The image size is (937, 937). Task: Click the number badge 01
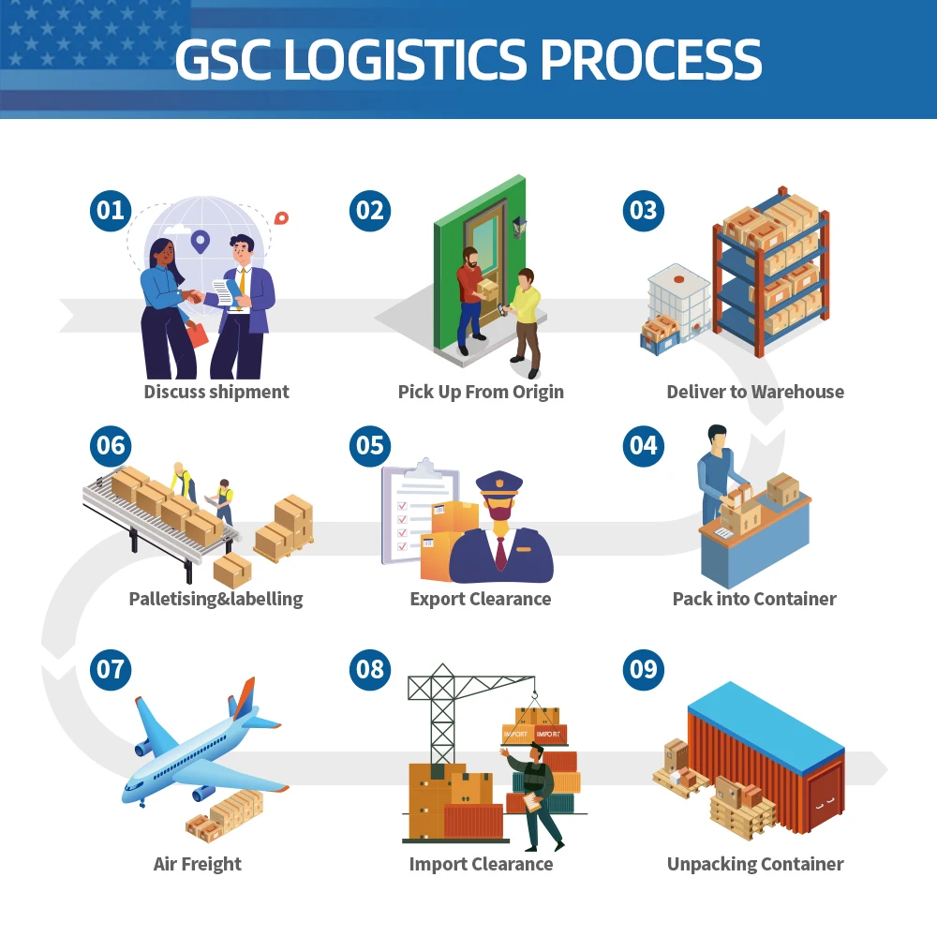pos(111,210)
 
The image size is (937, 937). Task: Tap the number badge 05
pos(370,445)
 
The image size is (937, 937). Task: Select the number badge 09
pos(644,669)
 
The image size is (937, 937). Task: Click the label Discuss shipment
pos(216,392)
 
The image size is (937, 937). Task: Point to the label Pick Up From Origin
pos(481,392)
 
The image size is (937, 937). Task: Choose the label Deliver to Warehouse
pos(755,392)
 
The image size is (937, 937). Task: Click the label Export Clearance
pos(481,599)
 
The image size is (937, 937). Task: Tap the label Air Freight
pos(198,864)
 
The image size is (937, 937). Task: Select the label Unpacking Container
pos(755,864)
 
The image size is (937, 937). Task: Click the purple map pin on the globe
pos(199,242)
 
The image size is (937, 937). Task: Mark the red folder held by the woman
pos(197,334)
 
